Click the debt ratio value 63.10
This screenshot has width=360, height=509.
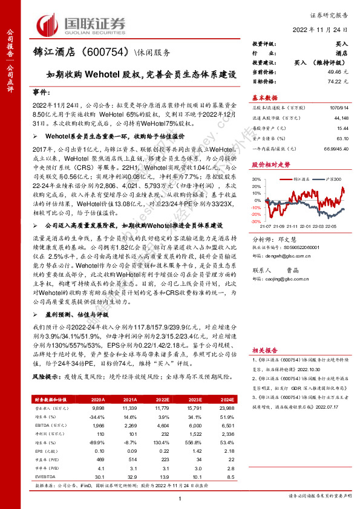[340, 138]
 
